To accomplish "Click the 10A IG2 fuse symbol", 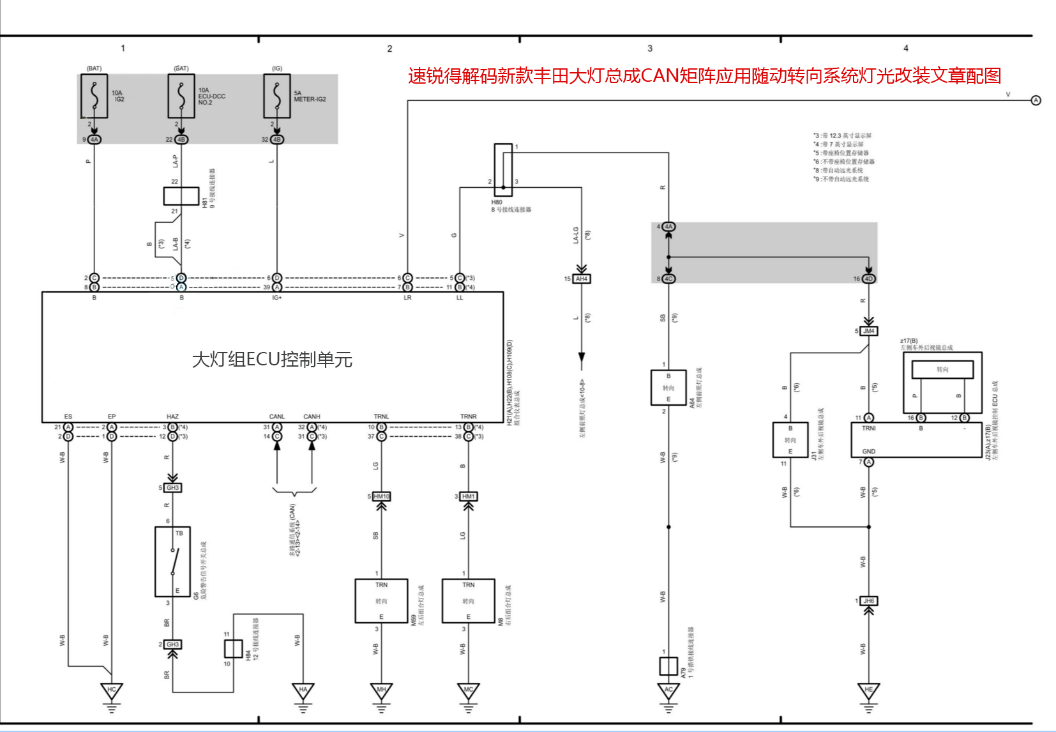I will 94,96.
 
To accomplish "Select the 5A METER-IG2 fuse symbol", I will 277,96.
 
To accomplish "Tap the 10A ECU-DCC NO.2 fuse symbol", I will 181,96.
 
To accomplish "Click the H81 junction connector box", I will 181,196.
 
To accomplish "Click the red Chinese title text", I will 704,76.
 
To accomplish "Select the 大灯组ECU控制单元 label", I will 272,360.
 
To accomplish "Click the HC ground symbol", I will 112,691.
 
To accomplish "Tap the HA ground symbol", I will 303,691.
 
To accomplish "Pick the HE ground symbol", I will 868,691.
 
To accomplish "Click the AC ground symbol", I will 668,691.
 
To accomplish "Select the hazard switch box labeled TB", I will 172,561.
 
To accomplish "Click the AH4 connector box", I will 581,279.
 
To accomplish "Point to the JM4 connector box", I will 869,331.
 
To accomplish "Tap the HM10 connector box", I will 381,496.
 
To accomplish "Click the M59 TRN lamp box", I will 381,601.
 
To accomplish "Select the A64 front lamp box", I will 668,388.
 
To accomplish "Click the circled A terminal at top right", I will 1036,100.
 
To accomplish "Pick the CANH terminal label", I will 312,416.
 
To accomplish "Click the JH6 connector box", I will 869,601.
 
